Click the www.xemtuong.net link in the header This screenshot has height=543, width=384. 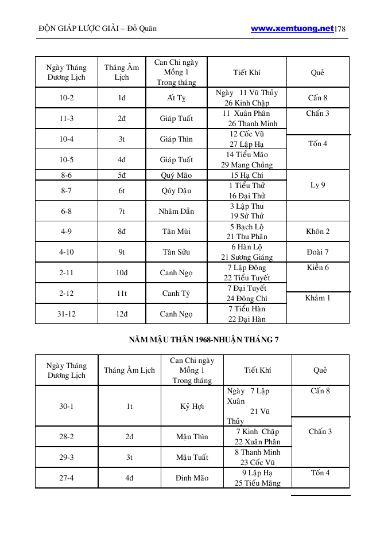coord(292,28)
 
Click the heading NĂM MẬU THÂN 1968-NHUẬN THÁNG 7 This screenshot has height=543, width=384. coord(204,339)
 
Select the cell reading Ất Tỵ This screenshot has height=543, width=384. coord(176,98)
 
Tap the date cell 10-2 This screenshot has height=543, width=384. coord(67,98)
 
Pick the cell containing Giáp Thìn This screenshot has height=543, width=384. coord(176,139)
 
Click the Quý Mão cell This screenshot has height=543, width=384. coord(176,175)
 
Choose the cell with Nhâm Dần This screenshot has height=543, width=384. coord(176,211)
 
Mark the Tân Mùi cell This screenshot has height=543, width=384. coord(176,232)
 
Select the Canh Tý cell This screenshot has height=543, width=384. coord(176,294)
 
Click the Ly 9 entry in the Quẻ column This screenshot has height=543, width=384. coord(318,185)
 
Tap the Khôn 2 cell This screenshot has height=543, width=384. coord(318,232)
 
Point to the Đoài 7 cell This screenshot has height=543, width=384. coord(318,252)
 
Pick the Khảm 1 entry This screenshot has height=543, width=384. coord(318,298)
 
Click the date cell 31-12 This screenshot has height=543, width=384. coord(67,314)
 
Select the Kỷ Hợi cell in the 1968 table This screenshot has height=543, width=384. coord(192,407)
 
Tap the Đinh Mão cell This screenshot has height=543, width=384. coord(192,478)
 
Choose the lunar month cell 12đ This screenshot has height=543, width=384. coord(122,314)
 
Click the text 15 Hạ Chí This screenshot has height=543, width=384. coord(247,175)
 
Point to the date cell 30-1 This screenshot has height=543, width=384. coord(67,407)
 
